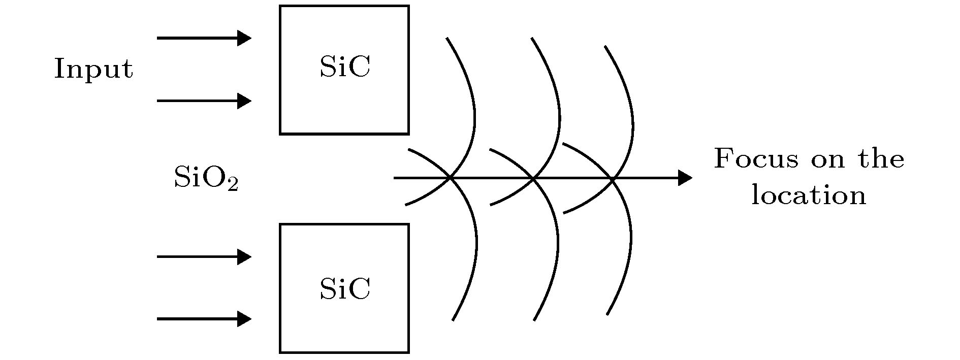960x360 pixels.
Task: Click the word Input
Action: point(93,70)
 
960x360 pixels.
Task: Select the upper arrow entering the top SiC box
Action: point(204,38)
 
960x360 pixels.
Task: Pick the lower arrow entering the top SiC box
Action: point(204,101)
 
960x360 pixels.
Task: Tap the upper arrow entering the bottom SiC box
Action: point(204,257)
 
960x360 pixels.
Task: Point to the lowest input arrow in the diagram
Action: point(204,319)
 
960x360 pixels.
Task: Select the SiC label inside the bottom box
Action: point(345,289)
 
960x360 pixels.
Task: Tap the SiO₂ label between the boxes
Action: point(206,178)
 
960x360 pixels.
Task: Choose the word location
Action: point(809,195)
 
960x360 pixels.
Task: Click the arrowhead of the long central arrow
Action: point(686,178)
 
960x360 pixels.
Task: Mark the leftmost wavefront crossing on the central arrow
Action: point(450,178)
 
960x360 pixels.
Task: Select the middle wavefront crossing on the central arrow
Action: point(533,178)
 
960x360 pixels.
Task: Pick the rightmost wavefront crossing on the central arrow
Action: point(613,178)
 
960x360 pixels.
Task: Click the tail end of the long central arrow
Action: point(395,178)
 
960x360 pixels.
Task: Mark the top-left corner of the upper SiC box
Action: point(280,6)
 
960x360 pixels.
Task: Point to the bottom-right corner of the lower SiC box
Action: point(409,352)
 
